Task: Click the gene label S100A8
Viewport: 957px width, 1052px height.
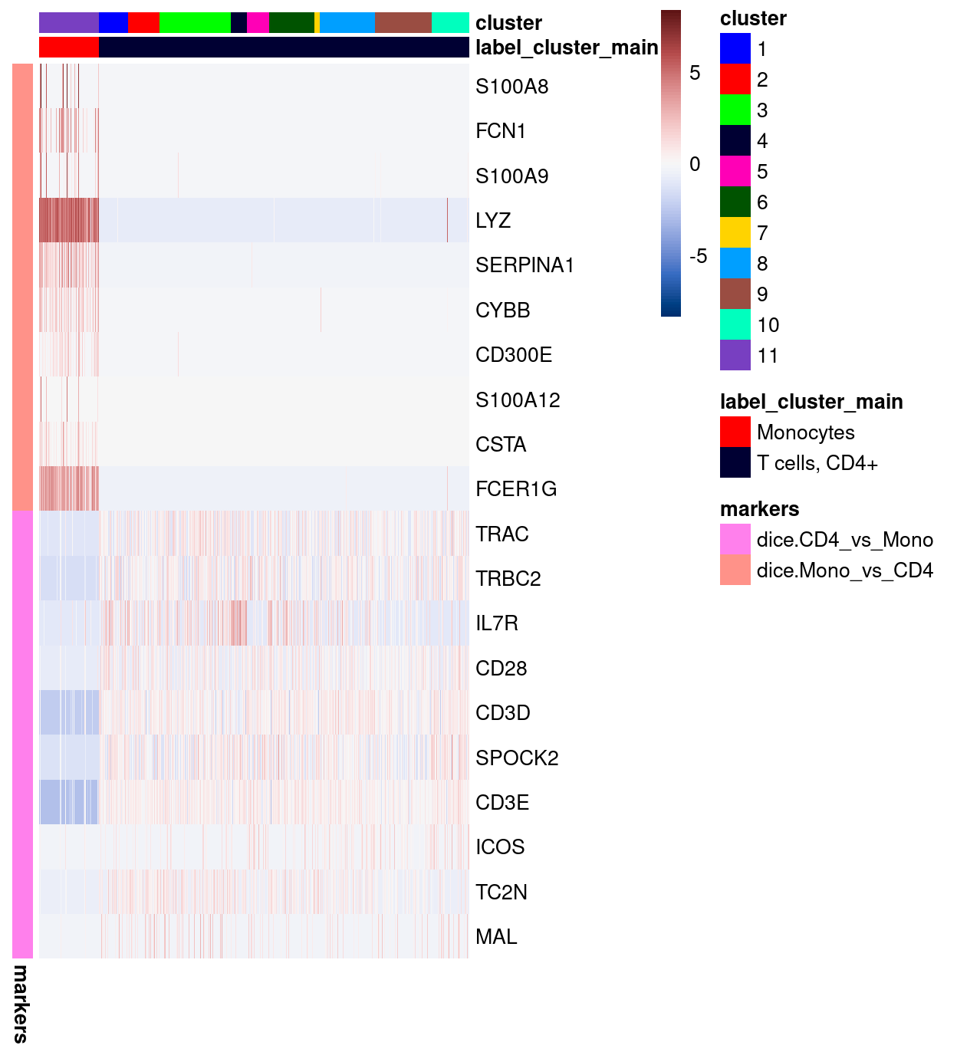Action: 511,87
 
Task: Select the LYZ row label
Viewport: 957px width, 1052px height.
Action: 492,221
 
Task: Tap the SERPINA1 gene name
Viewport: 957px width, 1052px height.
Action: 525,265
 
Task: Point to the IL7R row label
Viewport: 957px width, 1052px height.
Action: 496,623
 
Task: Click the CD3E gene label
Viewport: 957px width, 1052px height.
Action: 502,803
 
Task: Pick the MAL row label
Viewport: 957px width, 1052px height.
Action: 496,937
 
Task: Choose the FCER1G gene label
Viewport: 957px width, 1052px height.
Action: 515,489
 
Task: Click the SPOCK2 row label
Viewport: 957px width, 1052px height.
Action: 517,758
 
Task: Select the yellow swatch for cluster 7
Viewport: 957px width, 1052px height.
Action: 735,233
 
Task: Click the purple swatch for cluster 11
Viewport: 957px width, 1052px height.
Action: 735,356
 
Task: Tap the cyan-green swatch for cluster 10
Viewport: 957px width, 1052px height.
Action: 735,325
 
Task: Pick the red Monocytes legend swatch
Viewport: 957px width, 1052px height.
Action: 735,432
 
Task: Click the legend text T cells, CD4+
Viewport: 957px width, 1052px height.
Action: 817,463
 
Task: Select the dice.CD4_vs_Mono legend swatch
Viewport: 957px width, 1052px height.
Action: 735,540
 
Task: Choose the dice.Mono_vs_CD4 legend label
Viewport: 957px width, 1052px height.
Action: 844,570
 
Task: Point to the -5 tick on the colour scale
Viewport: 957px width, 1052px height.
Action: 698,256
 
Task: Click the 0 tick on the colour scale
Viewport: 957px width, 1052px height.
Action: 695,164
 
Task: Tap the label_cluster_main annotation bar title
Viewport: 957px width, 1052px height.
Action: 567,48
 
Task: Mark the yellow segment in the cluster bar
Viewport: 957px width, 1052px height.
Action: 317,23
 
